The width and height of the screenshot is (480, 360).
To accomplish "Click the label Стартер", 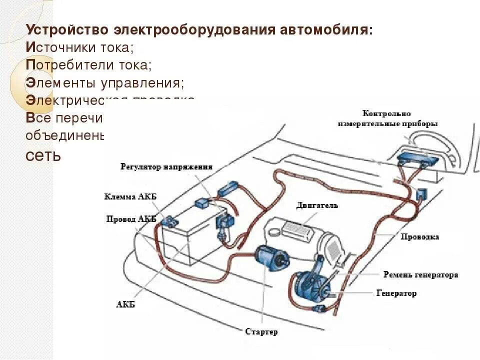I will [x=261, y=332].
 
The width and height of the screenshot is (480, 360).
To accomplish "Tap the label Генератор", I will [x=396, y=293].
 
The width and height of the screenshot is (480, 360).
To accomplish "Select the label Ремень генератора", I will [x=420, y=275].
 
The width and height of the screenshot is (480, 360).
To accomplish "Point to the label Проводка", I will [x=420, y=236].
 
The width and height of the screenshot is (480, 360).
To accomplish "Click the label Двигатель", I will [x=317, y=205].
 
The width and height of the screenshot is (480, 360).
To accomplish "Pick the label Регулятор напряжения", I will [x=166, y=167].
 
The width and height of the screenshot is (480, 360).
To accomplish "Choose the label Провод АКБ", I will [x=131, y=218].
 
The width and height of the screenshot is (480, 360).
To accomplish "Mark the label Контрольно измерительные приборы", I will [x=387, y=118].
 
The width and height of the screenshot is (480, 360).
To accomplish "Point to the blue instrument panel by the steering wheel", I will [x=417, y=160].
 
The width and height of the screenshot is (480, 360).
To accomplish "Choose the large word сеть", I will [x=42, y=155].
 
